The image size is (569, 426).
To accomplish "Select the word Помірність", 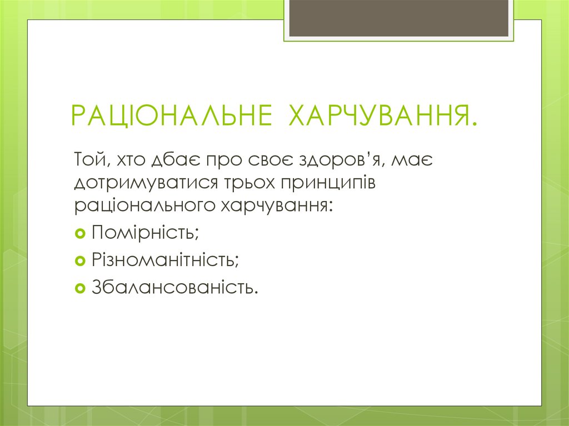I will tap(145, 232).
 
